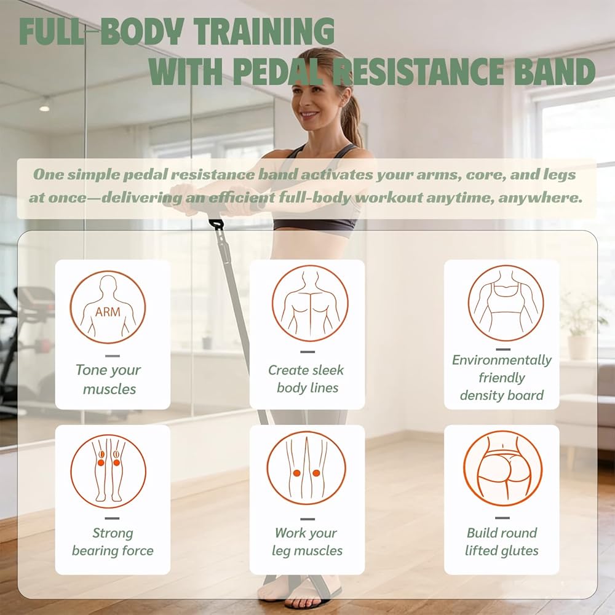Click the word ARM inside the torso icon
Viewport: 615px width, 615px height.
108,312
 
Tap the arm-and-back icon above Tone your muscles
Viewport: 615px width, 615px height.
108,307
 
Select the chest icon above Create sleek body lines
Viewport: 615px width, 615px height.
310,303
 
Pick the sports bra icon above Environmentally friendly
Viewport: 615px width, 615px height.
506,303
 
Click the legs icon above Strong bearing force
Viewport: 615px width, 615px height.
108,471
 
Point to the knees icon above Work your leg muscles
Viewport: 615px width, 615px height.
306,468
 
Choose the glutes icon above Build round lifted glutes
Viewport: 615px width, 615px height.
503,468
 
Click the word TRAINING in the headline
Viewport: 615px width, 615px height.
264,32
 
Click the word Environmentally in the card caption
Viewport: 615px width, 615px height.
502,360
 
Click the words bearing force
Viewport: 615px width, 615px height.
113,550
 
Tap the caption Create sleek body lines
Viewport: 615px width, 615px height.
307,378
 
